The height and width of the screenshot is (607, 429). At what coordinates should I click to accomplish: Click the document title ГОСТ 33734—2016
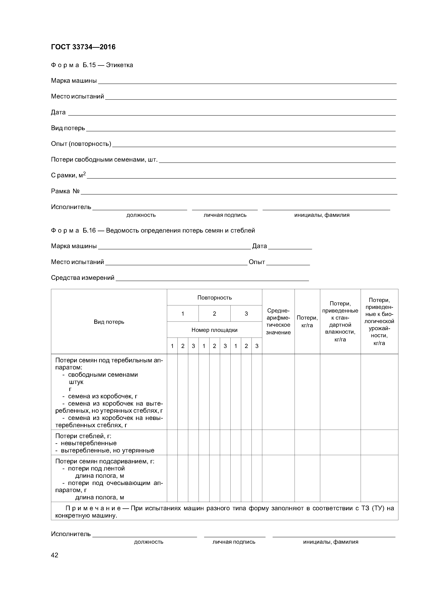click(x=83, y=47)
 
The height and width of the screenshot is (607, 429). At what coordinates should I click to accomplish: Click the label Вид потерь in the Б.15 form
click(x=68, y=128)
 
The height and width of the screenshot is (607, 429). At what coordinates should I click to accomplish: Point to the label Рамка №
click(x=65, y=191)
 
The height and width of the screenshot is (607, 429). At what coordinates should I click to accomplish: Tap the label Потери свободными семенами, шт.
click(x=104, y=160)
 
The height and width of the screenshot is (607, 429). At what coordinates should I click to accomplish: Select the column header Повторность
click(x=214, y=298)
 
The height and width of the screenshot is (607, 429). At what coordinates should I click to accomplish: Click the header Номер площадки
click(x=214, y=330)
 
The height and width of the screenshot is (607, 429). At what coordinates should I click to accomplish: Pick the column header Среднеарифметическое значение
click(x=278, y=321)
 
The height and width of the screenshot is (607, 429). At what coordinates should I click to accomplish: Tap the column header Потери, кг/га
click(x=307, y=321)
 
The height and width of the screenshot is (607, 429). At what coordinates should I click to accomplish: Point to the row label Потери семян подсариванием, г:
click(x=105, y=461)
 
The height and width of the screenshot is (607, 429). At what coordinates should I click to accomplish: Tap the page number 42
click(x=54, y=555)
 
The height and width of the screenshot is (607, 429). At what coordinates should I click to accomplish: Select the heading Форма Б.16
click(x=73, y=230)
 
